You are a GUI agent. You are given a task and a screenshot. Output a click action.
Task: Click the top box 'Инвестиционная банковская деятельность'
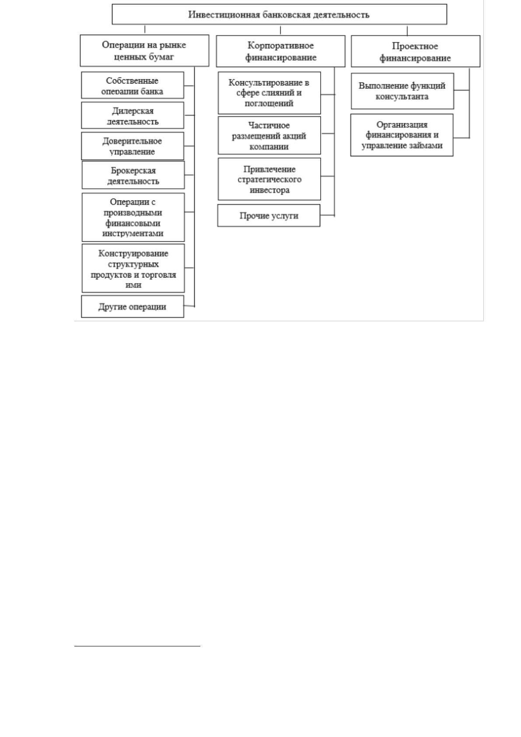pyautogui.click(x=279, y=14)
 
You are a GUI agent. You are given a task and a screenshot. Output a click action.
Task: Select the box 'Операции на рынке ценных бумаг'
pyautogui.click(x=144, y=51)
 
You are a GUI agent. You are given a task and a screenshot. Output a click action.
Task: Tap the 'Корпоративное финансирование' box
pyautogui.click(x=280, y=51)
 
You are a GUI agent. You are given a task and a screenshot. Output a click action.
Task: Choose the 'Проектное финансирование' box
pyautogui.click(x=416, y=51)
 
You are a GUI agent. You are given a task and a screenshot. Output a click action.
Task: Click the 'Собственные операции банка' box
pyautogui.click(x=133, y=85)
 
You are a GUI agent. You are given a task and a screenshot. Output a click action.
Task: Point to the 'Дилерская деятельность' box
pyautogui.click(x=133, y=115)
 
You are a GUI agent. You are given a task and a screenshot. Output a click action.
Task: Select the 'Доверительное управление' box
pyautogui.click(x=133, y=146)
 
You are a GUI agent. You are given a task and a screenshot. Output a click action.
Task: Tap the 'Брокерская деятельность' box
pyautogui.click(x=133, y=175)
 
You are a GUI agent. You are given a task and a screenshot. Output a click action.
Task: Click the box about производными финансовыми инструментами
pyautogui.click(x=133, y=217)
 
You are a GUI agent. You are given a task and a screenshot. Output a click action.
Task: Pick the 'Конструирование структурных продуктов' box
pyautogui.click(x=133, y=268)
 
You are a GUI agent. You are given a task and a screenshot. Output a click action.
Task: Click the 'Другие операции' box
pyautogui.click(x=133, y=306)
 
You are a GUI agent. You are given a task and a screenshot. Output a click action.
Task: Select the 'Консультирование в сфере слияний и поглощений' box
pyautogui.click(x=269, y=93)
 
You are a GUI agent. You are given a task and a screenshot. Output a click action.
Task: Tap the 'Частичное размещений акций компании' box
pyautogui.click(x=269, y=135)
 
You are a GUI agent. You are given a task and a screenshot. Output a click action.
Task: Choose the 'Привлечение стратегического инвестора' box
pyautogui.click(x=269, y=179)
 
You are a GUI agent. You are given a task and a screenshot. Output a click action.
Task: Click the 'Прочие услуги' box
pyautogui.click(x=269, y=215)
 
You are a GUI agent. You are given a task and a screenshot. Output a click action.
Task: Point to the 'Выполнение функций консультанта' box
pyautogui.click(x=402, y=91)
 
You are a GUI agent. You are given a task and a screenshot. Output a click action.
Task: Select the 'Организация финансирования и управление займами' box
pyautogui.click(x=402, y=135)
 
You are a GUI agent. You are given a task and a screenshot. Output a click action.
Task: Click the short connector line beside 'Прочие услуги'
pyautogui.click(x=328, y=215)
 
